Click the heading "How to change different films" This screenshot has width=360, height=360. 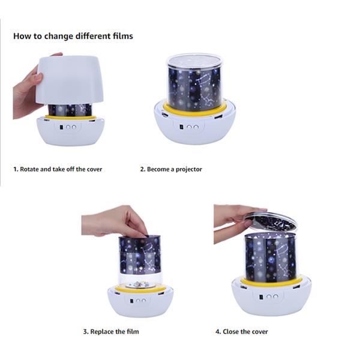[x=73, y=36]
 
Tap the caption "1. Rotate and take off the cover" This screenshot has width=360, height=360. [x=58, y=169]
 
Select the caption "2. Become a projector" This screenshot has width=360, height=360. [x=171, y=169]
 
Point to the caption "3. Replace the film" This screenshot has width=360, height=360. [x=111, y=332]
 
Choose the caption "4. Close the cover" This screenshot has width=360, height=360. [x=242, y=332]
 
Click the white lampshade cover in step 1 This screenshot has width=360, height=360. [x=70, y=80]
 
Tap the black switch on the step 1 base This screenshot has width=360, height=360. [x=61, y=127]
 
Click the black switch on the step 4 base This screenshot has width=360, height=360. [x=261, y=297]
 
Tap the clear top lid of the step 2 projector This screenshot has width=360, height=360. [x=194, y=60]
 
